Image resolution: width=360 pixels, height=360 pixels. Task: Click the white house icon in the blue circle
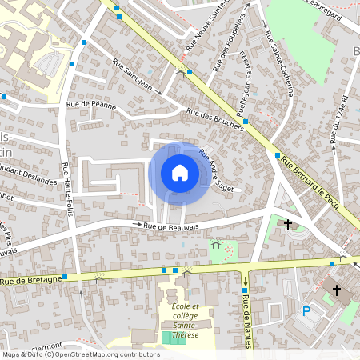click(x=179, y=172)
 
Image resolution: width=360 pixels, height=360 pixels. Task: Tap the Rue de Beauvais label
click(x=171, y=227)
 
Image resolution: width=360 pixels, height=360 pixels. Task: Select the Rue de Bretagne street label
click(x=31, y=280)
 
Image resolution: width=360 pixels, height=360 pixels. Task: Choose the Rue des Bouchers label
click(x=215, y=118)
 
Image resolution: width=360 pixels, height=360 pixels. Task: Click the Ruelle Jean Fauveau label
click(x=241, y=85)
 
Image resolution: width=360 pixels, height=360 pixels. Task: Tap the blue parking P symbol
click(x=306, y=311)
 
